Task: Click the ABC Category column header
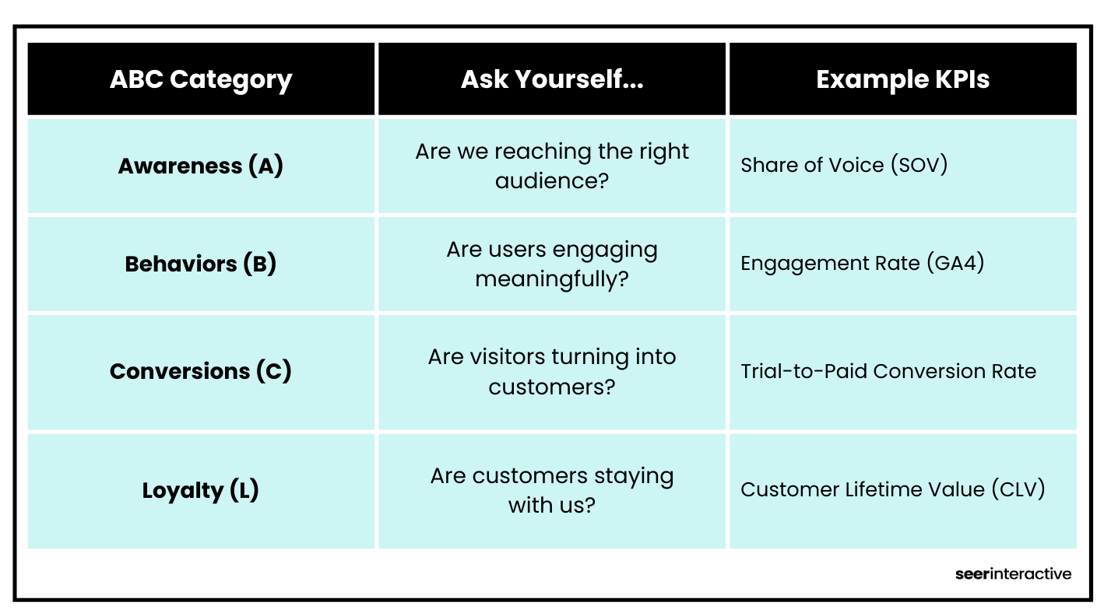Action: pos(201,79)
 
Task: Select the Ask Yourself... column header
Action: pos(552,79)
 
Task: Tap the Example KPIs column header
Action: pos(902,79)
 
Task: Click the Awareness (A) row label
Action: pos(201,166)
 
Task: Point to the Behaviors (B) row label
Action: pos(201,264)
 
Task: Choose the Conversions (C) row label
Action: pos(201,371)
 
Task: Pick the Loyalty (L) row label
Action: pos(201,490)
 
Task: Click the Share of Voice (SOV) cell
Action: pos(844,165)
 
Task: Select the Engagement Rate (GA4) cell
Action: pos(862,263)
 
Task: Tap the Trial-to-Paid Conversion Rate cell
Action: pos(888,371)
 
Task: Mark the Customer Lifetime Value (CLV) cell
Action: pos(892,489)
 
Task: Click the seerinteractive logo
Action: pos(1013,574)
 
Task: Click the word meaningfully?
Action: pos(552,278)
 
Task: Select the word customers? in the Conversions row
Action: pos(552,386)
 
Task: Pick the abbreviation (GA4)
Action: pos(955,263)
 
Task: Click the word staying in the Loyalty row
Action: pos(635,475)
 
